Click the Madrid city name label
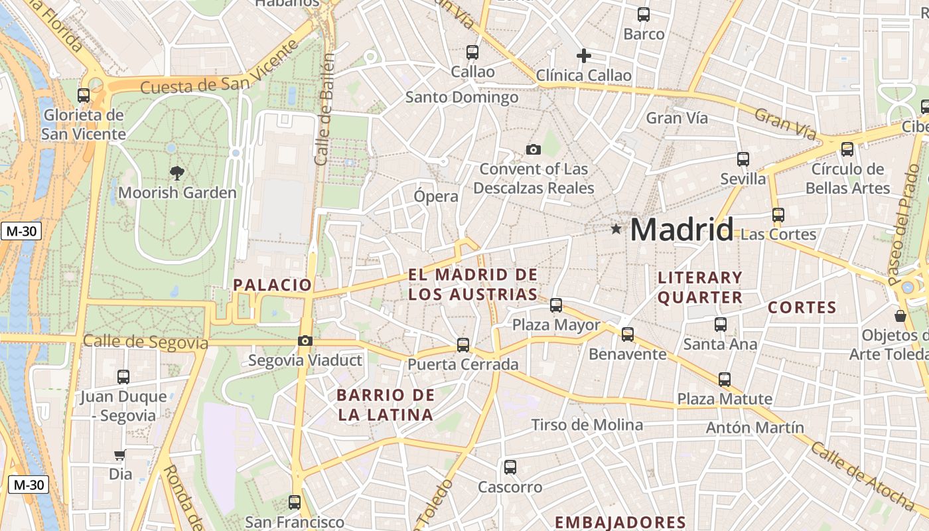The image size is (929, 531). [x=681, y=230]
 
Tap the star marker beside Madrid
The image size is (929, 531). [x=616, y=229]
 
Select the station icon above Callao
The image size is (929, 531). [x=472, y=52]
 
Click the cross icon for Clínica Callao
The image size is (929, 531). [x=584, y=56]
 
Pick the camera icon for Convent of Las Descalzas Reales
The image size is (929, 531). [x=533, y=149]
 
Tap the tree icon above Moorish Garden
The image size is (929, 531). [x=177, y=173]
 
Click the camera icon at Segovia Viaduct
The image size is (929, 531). [x=305, y=341]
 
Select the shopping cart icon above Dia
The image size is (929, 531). [x=120, y=455]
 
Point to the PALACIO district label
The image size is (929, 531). [x=272, y=285]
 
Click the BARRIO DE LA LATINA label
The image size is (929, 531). [x=386, y=405]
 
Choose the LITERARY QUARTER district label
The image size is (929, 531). [x=700, y=287]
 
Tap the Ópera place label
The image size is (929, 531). [x=436, y=196]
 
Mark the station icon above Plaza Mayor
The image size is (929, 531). [x=556, y=305]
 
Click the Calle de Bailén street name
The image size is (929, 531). [x=324, y=110]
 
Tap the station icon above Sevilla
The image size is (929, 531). [x=743, y=159]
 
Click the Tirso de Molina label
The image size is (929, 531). [x=587, y=425]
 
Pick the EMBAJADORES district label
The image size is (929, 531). [x=620, y=522]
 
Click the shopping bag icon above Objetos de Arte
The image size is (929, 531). [x=900, y=316]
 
